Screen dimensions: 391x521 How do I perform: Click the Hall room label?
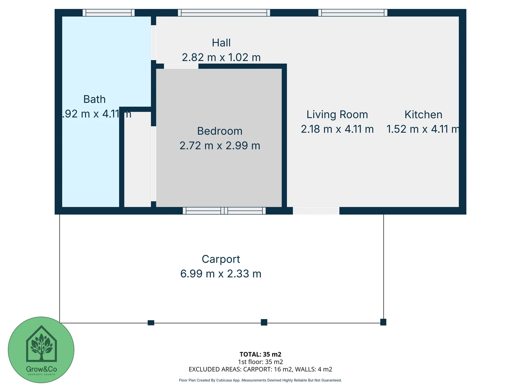coord(221,43)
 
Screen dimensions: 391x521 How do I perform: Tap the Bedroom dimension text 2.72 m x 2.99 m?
coord(220,146)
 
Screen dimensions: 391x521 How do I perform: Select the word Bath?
coord(94,99)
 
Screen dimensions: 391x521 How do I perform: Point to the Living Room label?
coord(337,114)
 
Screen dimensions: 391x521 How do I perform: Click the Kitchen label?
coord(423,114)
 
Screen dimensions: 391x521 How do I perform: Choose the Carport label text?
coord(221,259)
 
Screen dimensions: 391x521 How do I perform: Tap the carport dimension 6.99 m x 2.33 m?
coord(221,274)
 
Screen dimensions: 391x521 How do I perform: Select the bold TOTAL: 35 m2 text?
coord(260,354)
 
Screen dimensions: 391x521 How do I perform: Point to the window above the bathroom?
coord(109,13)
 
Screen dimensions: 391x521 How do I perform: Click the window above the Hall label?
coord(224,13)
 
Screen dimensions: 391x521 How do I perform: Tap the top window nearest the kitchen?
coord(353,13)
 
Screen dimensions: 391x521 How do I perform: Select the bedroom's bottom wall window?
coord(224,211)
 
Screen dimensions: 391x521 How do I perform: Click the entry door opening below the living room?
coord(316,211)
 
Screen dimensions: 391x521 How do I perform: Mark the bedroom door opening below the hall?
coord(181,66)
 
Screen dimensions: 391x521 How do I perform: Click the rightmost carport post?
coord(383,322)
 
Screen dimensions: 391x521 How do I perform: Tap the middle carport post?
coord(264,322)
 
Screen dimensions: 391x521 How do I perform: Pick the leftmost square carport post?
coord(151,323)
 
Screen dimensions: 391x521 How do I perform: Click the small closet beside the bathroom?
coord(137,159)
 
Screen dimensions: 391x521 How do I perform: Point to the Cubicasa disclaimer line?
coord(260,380)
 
